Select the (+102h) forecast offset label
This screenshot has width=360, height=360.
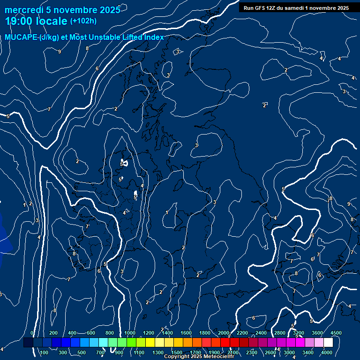pos(83,21)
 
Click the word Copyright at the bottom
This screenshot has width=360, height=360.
pos(176,357)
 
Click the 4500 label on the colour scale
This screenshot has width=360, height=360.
pos(336,333)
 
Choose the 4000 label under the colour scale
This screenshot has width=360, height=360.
pos(327,352)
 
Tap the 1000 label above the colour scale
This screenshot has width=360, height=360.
pos(130,333)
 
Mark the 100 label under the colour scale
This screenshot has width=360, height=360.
pos(44,352)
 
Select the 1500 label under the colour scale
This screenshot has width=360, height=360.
pos(177,352)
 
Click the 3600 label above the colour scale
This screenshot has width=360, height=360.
pos(317,333)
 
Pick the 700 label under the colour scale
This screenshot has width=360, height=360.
pos(100,352)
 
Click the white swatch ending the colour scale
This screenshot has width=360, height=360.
pos(328,343)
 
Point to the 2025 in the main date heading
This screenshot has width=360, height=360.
pos(109,10)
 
